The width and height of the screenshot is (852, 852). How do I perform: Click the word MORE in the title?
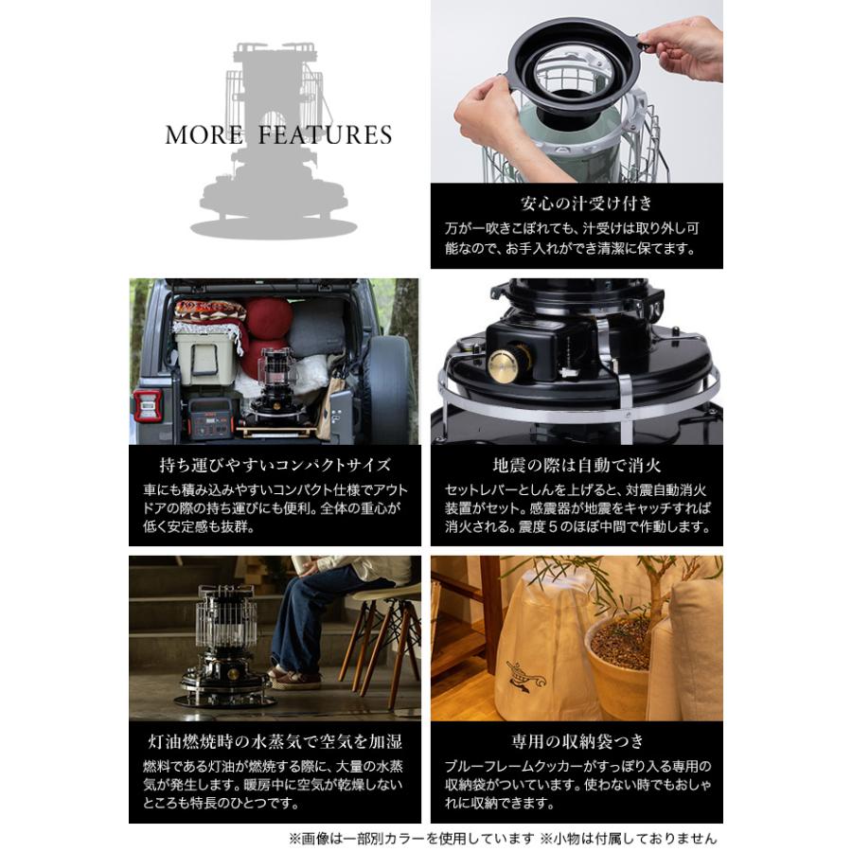coord(204,135)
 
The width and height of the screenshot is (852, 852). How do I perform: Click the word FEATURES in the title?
coord(325,135)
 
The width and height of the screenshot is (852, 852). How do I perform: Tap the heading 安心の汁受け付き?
coord(586,204)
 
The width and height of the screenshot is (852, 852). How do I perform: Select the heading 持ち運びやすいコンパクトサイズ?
coord(275,465)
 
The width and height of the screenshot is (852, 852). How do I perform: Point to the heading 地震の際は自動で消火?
coord(577,465)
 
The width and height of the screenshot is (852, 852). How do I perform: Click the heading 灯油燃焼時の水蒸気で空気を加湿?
coord(275,741)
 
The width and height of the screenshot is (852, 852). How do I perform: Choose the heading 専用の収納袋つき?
coord(577,741)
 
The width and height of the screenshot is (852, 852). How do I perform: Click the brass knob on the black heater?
coord(503,364)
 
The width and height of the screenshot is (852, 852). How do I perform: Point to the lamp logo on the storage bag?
coord(524,677)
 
